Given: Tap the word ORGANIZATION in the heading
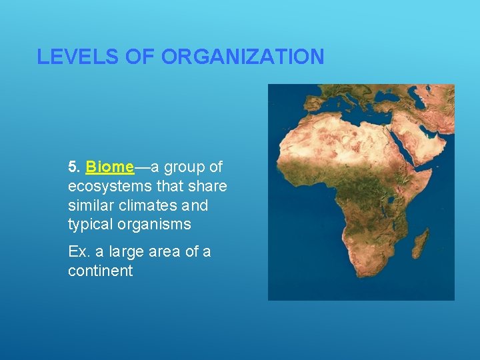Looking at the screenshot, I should (x=243, y=57).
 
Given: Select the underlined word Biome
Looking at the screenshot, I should (x=109, y=166).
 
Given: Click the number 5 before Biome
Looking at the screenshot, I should (x=73, y=166).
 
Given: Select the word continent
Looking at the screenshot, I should (x=100, y=271).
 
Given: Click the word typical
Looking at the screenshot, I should (x=91, y=224).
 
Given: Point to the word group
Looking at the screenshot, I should (x=186, y=166).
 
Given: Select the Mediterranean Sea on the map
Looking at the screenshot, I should (x=353, y=107).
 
